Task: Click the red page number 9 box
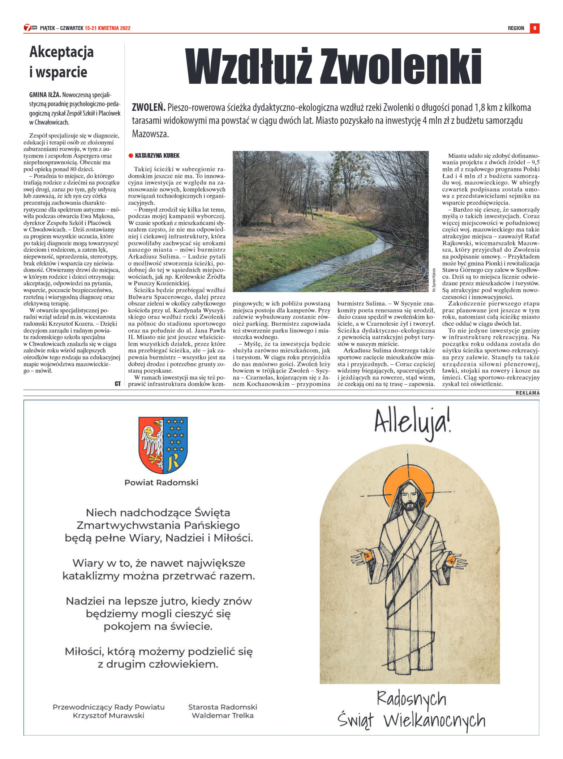(534, 28)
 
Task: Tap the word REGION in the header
(516, 28)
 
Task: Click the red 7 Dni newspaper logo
(30, 28)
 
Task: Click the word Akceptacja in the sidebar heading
(61, 52)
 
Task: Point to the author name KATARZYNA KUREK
(157, 156)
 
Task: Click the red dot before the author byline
(131, 156)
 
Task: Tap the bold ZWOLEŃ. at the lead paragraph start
(149, 108)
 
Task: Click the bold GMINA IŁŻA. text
(45, 95)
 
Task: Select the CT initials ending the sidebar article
(117, 384)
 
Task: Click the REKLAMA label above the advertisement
(527, 393)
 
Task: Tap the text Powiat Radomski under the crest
(161, 482)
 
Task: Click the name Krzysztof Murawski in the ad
(108, 715)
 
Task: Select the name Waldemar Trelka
(222, 715)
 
